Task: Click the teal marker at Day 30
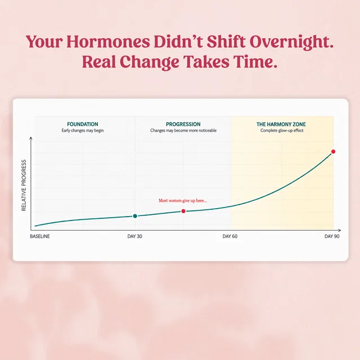pos(135,216)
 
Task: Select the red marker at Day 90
pos(333,151)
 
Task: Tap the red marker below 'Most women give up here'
pos(183,211)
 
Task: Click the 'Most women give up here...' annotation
pos(183,200)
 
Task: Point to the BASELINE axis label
pos(40,236)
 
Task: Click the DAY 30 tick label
pos(134,236)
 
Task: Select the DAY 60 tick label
pos(230,236)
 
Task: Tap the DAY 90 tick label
pos(332,236)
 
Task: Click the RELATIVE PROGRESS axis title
pos(24,185)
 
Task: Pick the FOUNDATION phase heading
pos(83,124)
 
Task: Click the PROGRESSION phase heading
pos(183,124)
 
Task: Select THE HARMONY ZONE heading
pos(281,124)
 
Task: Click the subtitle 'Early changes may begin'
pos(83,130)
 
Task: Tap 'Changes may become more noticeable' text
pos(183,130)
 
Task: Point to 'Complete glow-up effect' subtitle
pos(282,130)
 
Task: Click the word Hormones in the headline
pos(108,42)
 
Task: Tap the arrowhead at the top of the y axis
pos(31,138)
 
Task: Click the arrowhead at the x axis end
pos(340,230)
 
